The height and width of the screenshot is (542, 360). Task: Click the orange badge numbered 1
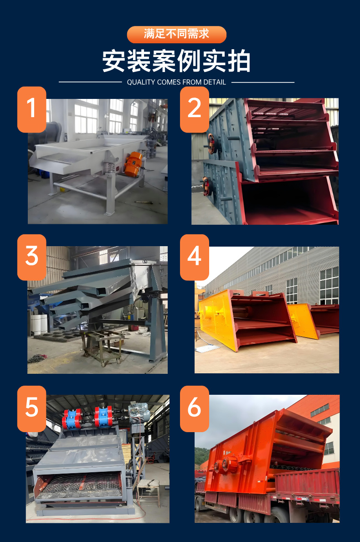pyautogui.click(x=32, y=109)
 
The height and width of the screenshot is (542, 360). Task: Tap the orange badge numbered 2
pyautogui.click(x=195, y=109)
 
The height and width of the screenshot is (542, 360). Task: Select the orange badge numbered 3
pyautogui.click(x=32, y=258)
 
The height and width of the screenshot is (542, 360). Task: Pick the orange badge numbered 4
pyautogui.click(x=195, y=258)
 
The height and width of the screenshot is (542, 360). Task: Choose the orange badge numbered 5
pyautogui.click(x=32, y=409)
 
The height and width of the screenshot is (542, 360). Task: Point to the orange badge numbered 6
pyautogui.click(x=195, y=409)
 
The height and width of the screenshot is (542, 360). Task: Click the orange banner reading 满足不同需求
pyautogui.click(x=176, y=34)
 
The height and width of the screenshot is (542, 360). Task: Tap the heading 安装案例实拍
pyautogui.click(x=176, y=61)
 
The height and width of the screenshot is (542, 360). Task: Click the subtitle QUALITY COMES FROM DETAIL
pyautogui.click(x=176, y=82)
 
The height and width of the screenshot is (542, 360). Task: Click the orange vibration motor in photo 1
pyautogui.click(x=134, y=164)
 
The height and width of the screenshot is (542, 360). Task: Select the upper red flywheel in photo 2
pyautogui.click(x=211, y=143)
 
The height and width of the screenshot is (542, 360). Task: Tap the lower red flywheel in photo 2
pyautogui.click(x=206, y=186)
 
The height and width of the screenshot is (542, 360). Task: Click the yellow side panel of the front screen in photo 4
pyautogui.click(x=218, y=318)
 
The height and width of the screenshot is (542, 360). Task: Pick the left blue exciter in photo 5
pyautogui.click(x=72, y=418)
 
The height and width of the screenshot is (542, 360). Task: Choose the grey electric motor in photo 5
pyautogui.click(x=138, y=413)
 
